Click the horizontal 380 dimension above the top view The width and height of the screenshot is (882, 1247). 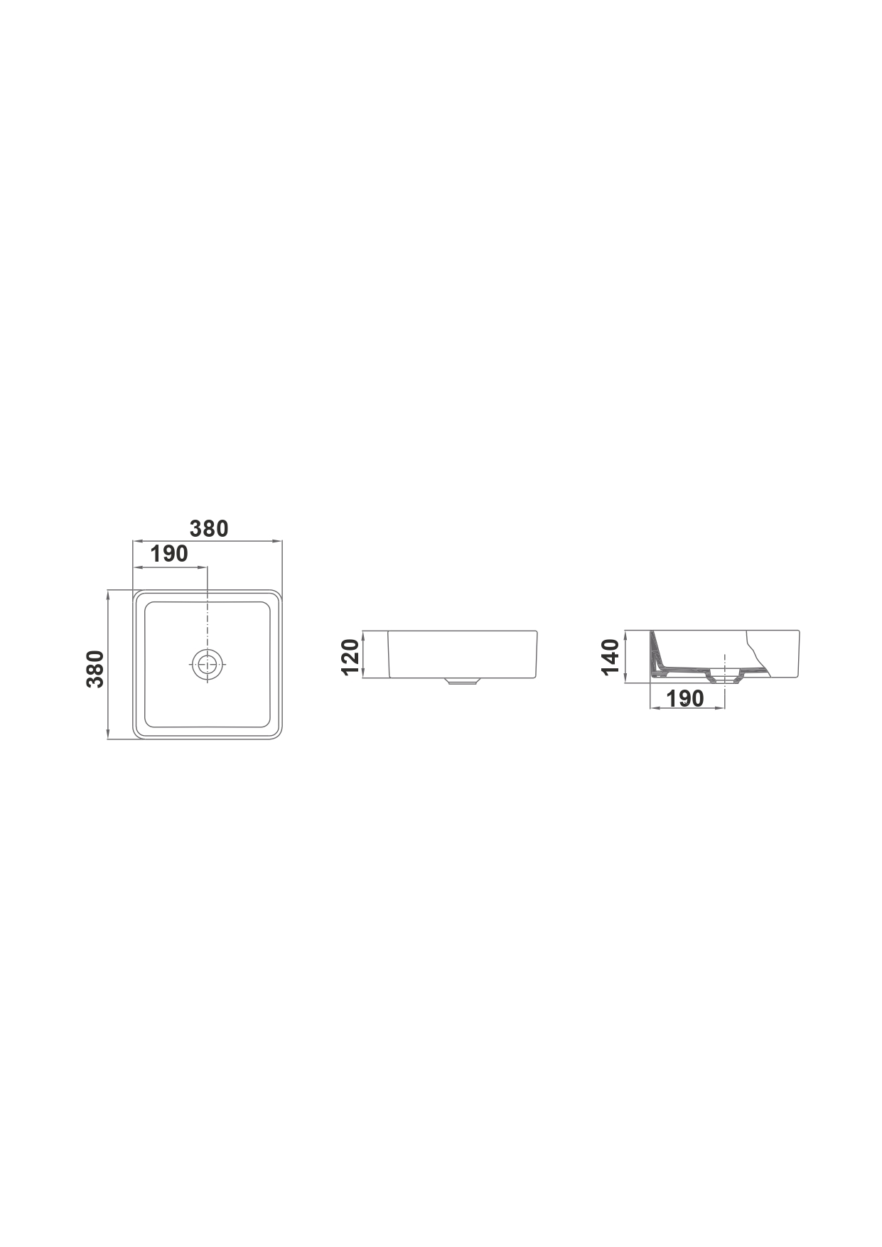point(208,529)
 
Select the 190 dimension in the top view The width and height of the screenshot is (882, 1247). point(169,554)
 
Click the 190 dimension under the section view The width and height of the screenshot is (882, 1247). point(685,698)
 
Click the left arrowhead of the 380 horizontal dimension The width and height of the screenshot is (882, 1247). point(137,542)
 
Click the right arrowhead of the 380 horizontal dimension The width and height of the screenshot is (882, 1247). point(279,542)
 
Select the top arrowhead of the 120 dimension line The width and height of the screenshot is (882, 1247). point(364,635)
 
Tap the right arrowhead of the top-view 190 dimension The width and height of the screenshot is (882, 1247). point(203,567)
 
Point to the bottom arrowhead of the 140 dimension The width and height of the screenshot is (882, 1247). point(625,679)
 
